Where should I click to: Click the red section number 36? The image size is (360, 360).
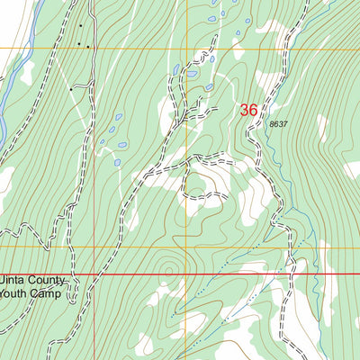point(249,110)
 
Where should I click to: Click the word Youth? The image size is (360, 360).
point(18,293)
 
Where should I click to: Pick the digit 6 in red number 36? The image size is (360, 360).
point(255,110)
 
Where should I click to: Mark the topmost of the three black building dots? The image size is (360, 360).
point(79,26)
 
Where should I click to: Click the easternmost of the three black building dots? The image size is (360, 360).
point(88,44)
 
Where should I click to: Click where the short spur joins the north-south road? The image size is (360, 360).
point(90,85)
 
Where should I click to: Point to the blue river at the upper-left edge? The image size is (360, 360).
point(27,36)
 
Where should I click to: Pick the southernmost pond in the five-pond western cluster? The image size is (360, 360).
point(117,163)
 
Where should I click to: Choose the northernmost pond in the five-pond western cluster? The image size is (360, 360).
point(119,116)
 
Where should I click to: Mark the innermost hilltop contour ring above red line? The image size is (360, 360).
point(168,266)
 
